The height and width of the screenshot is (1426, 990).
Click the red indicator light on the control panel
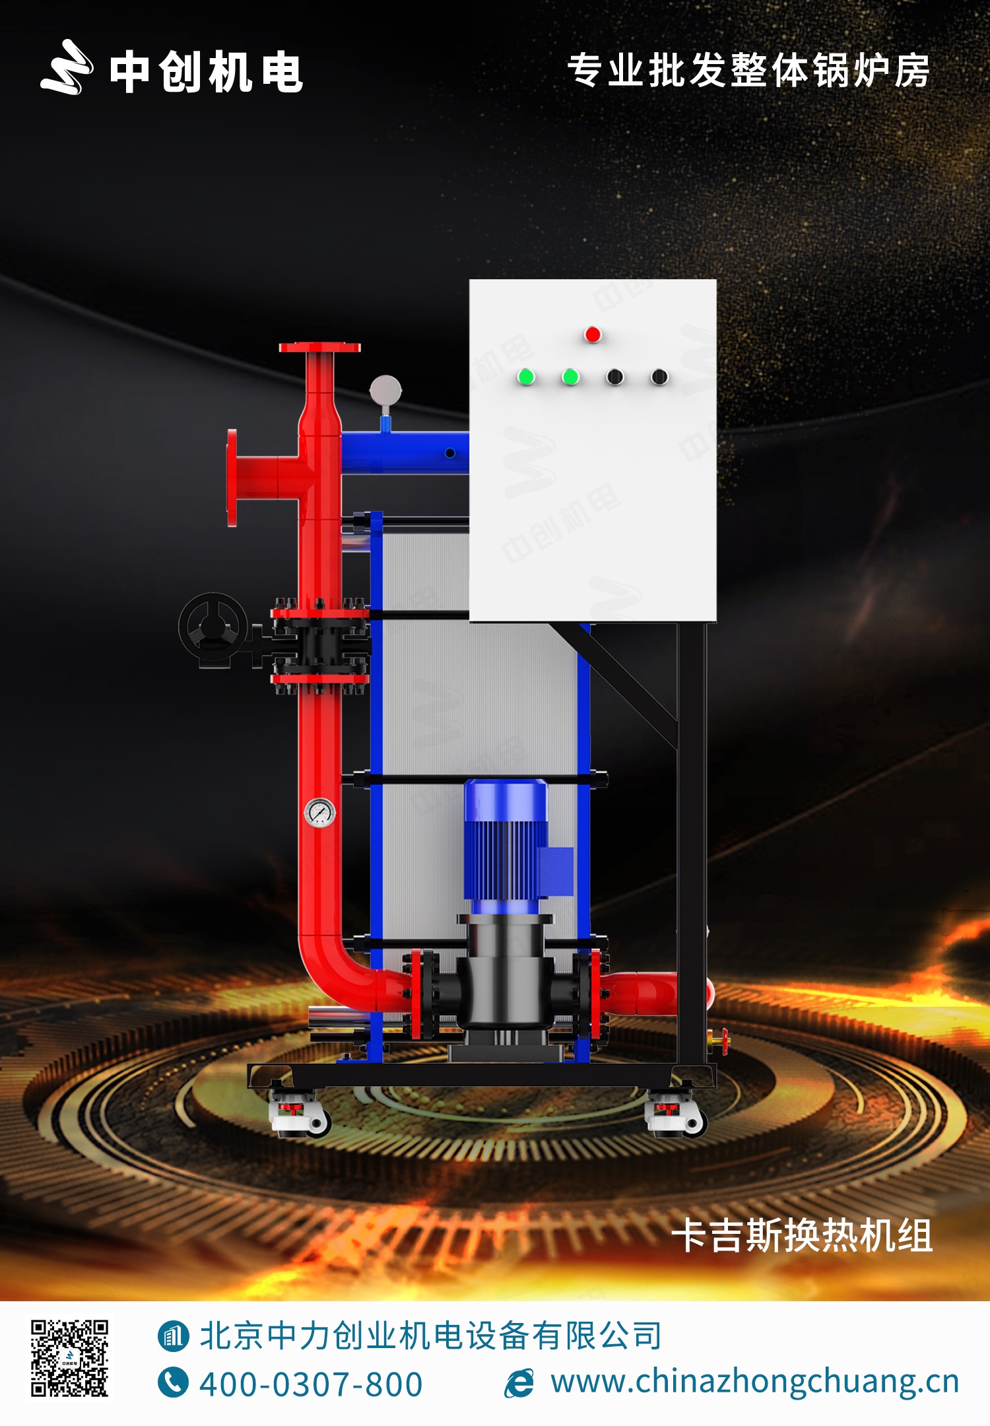(x=593, y=335)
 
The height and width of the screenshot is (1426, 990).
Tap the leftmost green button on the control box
(x=526, y=377)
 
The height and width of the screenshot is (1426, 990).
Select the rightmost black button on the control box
(x=659, y=377)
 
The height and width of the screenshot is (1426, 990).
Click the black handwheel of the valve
(x=213, y=629)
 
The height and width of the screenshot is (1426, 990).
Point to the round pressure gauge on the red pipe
(x=320, y=813)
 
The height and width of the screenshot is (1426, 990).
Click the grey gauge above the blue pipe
(x=385, y=390)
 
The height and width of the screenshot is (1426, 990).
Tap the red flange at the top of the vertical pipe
(x=319, y=348)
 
